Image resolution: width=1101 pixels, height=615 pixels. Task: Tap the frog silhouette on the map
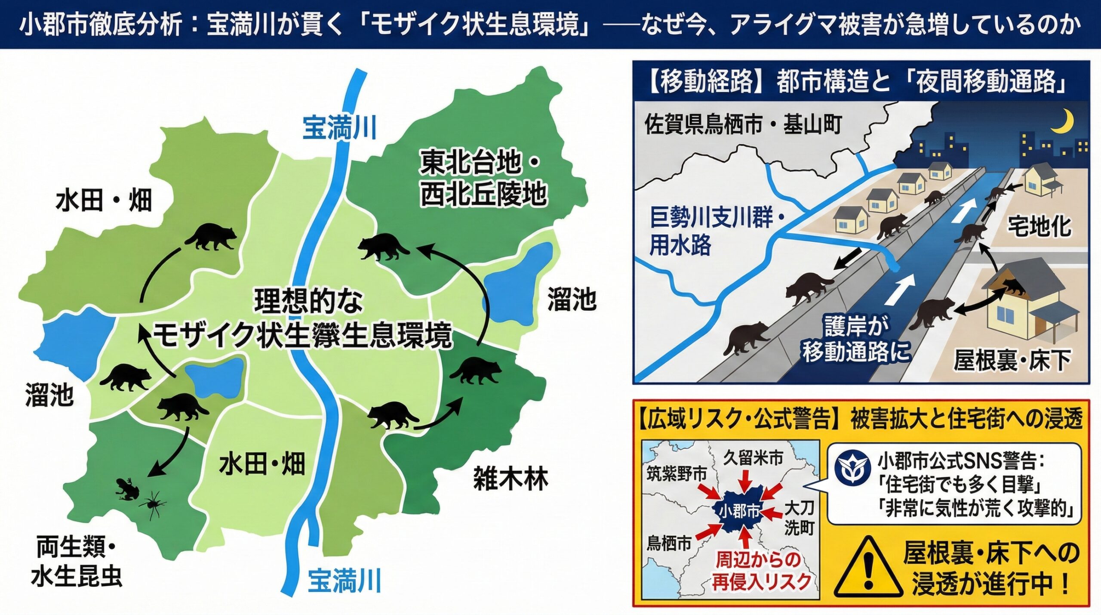pyautogui.click(x=128, y=488)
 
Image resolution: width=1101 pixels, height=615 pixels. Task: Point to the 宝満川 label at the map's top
pyautogui.click(x=339, y=127)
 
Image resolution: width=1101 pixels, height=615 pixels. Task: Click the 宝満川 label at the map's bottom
pyautogui.click(x=344, y=581)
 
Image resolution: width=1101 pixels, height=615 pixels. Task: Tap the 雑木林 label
pyautogui.click(x=511, y=479)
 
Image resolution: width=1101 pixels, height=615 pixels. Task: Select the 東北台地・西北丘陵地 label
pyautogui.click(x=482, y=179)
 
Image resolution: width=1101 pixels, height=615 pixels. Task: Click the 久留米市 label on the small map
pyautogui.click(x=753, y=458)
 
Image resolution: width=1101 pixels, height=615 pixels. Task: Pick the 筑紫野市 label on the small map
pyautogui.click(x=677, y=474)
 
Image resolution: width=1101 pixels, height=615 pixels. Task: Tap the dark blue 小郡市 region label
pyautogui.click(x=739, y=511)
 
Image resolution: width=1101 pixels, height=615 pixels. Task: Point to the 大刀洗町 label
pyautogui.click(x=799, y=518)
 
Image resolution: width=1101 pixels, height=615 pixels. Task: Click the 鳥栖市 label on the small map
pyautogui.click(x=669, y=544)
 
